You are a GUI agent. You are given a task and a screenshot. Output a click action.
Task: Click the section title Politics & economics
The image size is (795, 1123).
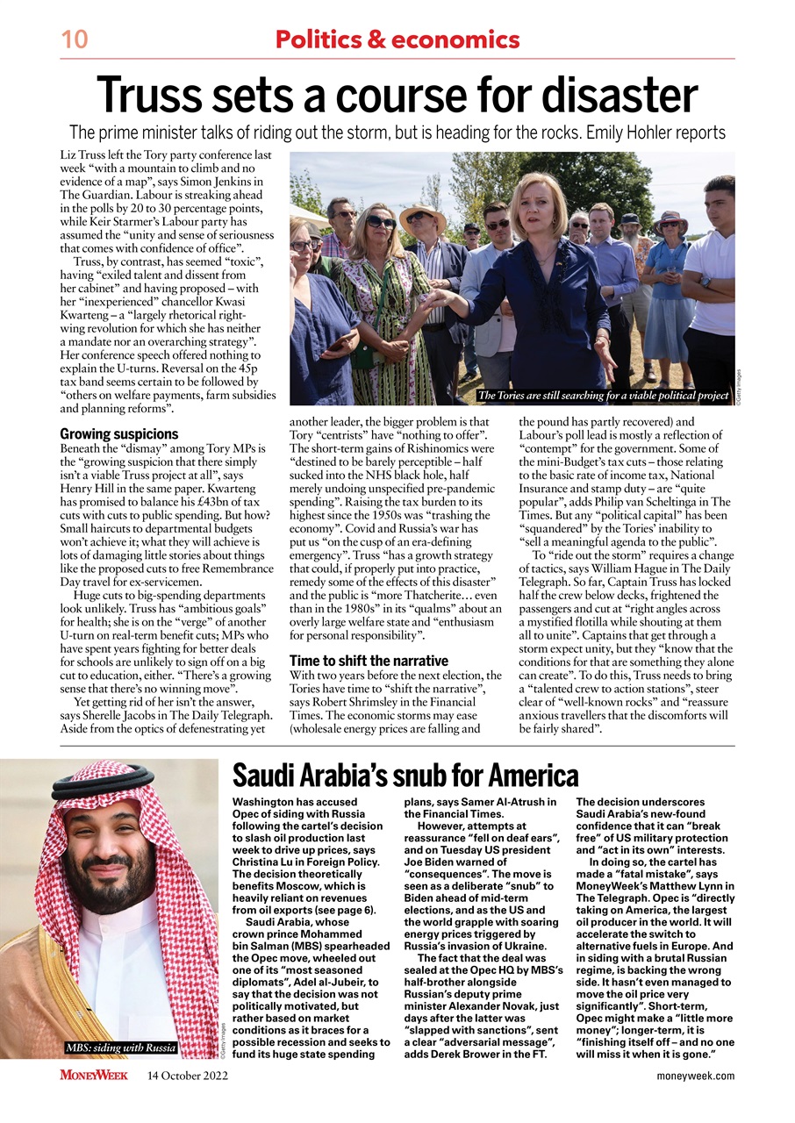pos(397,39)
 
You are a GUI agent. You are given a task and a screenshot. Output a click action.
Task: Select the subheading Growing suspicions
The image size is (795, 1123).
pos(118,433)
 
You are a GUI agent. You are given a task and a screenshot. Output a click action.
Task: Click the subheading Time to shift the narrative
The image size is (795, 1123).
pos(369,661)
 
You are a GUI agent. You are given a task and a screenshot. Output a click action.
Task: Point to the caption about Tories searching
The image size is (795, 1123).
pos(604,396)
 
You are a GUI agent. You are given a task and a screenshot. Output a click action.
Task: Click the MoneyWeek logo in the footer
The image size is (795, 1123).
pos(94,1076)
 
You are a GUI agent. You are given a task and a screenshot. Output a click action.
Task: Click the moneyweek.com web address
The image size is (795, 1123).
pos(696,1076)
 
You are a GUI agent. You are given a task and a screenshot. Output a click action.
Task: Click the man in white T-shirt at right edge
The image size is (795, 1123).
pos(713,281)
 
